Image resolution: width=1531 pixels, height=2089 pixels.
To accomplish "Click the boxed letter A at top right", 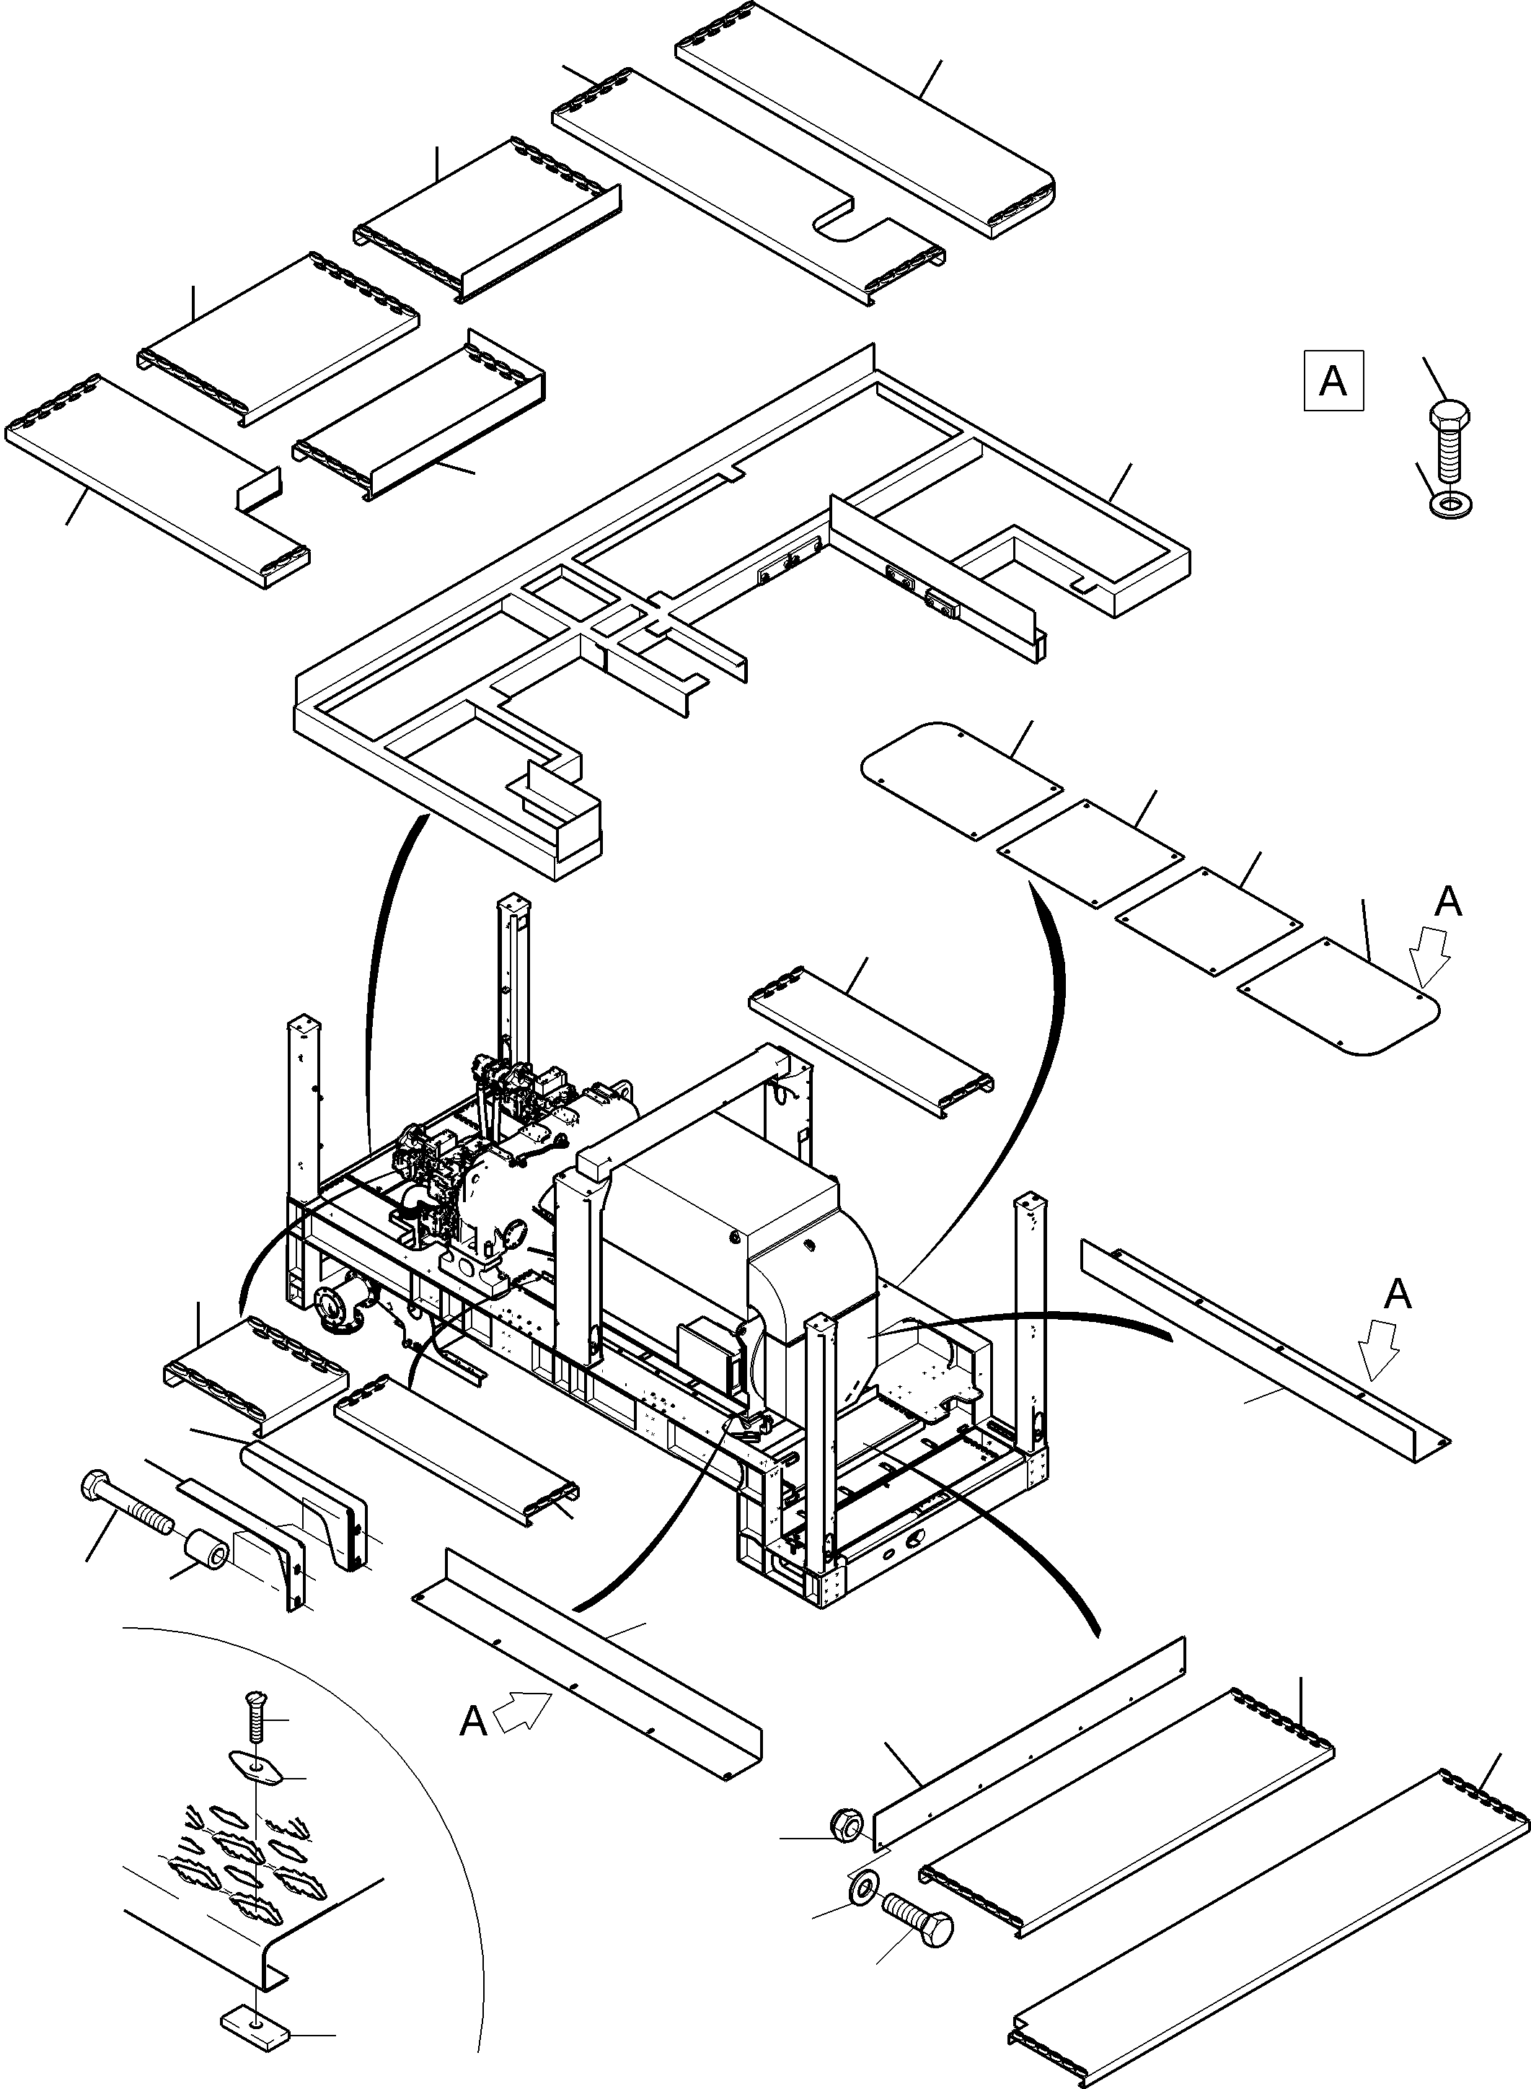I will pos(1333,380).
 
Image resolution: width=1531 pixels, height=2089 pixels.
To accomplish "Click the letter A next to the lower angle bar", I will pos(474,1721).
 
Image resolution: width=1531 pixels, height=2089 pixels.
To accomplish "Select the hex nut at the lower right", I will pos(848,1824).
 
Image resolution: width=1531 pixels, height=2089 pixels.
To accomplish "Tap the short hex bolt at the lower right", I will pos(917,1907).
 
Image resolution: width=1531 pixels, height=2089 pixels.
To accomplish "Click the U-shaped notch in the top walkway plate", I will pos(848,224).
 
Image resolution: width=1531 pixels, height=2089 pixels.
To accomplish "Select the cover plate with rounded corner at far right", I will pos(1339,999).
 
